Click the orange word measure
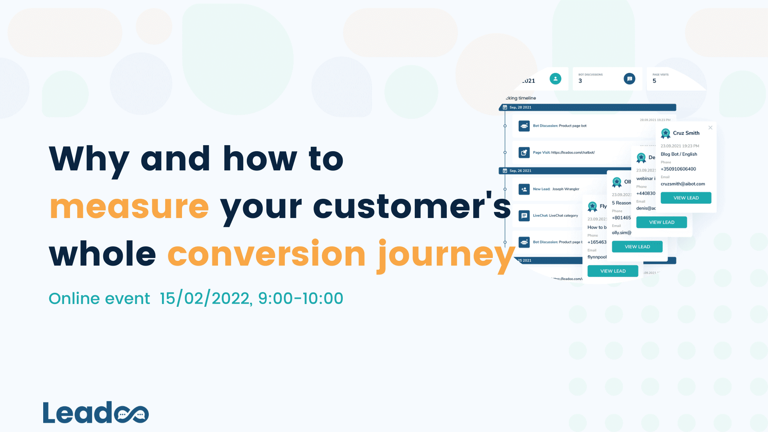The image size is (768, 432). pos(129,207)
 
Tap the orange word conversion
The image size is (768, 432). pos(266,254)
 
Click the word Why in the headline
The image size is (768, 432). pos(89,159)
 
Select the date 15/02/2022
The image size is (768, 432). pos(205,298)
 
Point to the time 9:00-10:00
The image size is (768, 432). pos(300,298)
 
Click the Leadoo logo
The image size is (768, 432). pos(96,412)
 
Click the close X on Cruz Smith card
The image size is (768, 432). pos(710,128)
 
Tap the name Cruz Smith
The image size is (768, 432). pos(686,133)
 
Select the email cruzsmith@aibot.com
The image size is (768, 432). pos(682,184)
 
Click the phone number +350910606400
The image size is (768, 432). pos(678,169)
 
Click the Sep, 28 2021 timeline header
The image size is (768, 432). pos(520,108)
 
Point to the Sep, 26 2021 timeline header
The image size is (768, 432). pos(520,171)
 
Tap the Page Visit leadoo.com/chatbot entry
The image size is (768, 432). pos(563,152)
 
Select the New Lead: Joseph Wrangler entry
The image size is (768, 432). pos(556,189)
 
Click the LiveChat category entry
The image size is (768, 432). pos(555,216)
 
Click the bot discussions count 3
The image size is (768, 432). pos(580,81)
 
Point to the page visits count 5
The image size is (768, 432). pos(654,81)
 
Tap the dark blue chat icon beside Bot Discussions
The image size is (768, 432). pos(629,79)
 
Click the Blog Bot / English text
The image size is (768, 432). pos(678,154)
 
